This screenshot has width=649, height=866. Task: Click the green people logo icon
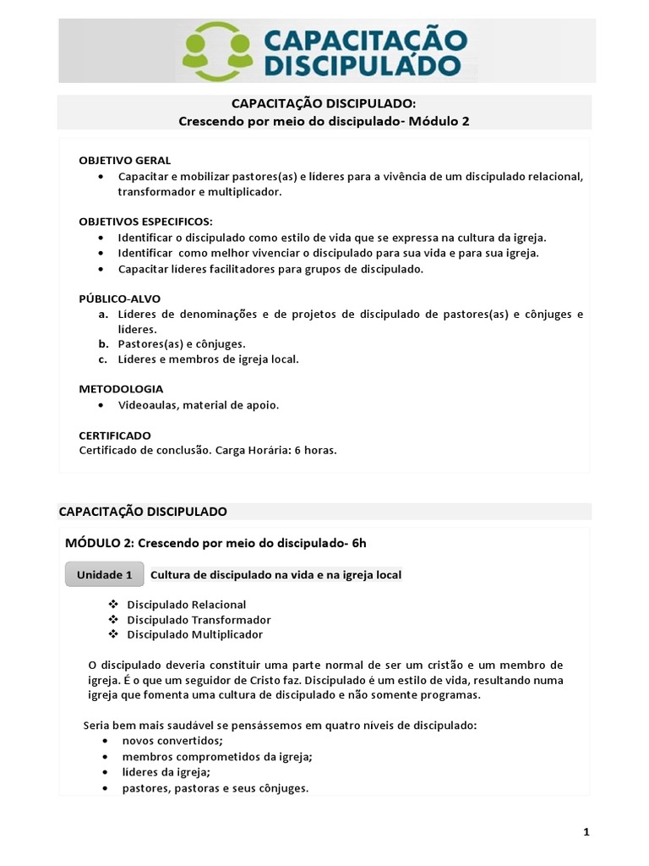pos(218,52)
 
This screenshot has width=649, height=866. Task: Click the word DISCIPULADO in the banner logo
pos(363,65)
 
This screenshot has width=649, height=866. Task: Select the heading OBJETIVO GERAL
pos(125,160)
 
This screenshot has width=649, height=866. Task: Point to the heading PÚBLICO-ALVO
pos(119,299)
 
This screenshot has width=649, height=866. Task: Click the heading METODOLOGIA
pos(121,389)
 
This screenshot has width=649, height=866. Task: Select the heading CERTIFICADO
pos(115,435)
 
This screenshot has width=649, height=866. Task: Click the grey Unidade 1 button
pos(105,574)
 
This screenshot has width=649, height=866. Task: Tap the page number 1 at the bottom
pos(586,832)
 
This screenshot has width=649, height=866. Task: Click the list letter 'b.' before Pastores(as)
pos(103,344)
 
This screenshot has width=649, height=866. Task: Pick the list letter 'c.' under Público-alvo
pos(102,359)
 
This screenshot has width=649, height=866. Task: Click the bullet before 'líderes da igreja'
pos(104,772)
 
